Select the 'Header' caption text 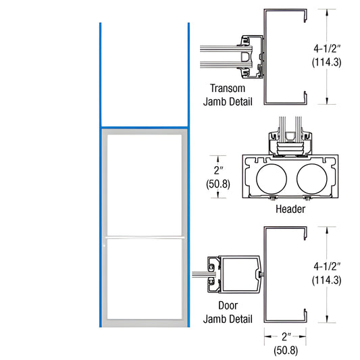click(291, 209)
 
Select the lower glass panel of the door click(145, 280)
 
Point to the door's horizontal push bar click(145, 237)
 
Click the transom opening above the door click(145, 74)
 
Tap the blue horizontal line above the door click(145, 126)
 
